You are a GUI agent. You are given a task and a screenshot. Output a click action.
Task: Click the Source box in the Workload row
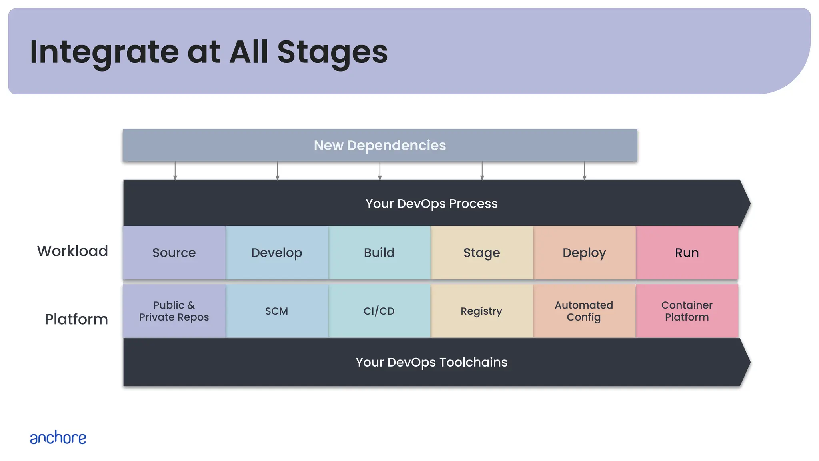pyautogui.click(x=174, y=253)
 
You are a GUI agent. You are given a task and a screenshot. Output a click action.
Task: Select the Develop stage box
pyautogui.click(x=276, y=253)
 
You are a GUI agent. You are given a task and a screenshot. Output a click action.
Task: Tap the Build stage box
pyautogui.click(x=379, y=253)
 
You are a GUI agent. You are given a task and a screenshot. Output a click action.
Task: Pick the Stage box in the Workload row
pyautogui.click(x=481, y=253)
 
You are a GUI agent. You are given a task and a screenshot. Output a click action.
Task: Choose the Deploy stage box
pyautogui.click(x=584, y=253)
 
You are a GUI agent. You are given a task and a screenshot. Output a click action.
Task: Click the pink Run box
pyautogui.click(x=687, y=253)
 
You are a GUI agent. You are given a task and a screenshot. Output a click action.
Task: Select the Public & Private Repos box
pyautogui.click(x=174, y=311)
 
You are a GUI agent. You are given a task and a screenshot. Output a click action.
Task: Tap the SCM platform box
pyautogui.click(x=276, y=311)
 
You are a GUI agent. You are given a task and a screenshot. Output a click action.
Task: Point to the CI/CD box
pyautogui.click(x=379, y=311)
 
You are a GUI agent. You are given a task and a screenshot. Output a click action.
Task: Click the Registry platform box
pyautogui.click(x=481, y=311)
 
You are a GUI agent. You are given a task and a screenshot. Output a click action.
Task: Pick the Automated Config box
pyautogui.click(x=584, y=311)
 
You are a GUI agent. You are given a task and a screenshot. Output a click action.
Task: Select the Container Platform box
pyautogui.click(x=687, y=311)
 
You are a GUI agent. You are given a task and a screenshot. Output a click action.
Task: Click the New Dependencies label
pyautogui.click(x=380, y=145)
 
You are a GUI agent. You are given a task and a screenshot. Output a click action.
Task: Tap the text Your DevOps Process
pyautogui.click(x=431, y=204)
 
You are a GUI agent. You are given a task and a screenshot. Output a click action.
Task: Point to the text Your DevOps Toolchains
pyautogui.click(x=431, y=362)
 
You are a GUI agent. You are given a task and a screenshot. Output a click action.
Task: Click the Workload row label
pyautogui.click(x=72, y=251)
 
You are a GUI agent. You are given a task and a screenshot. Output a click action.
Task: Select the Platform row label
pyautogui.click(x=76, y=319)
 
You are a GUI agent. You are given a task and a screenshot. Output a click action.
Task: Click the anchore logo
pyautogui.click(x=58, y=438)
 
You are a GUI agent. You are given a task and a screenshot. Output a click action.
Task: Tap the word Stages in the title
pyautogui.click(x=332, y=52)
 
